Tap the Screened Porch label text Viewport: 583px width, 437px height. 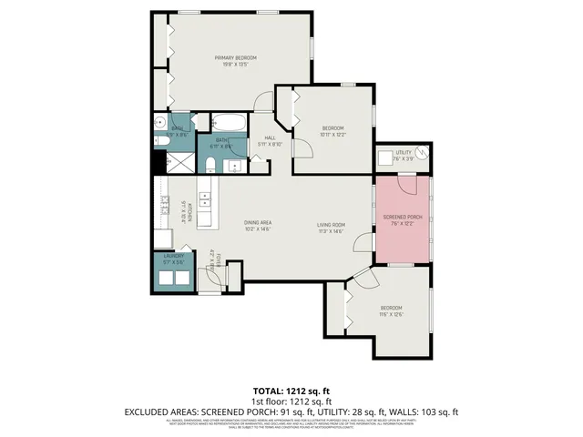tap(402, 216)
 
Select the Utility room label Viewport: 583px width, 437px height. tap(404, 152)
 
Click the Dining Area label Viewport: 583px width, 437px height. tap(259, 223)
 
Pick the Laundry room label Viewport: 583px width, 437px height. tap(174, 257)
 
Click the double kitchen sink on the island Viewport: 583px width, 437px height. tap(206, 195)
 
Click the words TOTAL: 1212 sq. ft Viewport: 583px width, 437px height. tap(291, 391)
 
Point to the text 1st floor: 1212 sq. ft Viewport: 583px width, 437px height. tap(291, 401)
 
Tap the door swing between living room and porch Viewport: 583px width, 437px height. tap(363, 240)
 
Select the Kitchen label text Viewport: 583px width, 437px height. tap(182, 211)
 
